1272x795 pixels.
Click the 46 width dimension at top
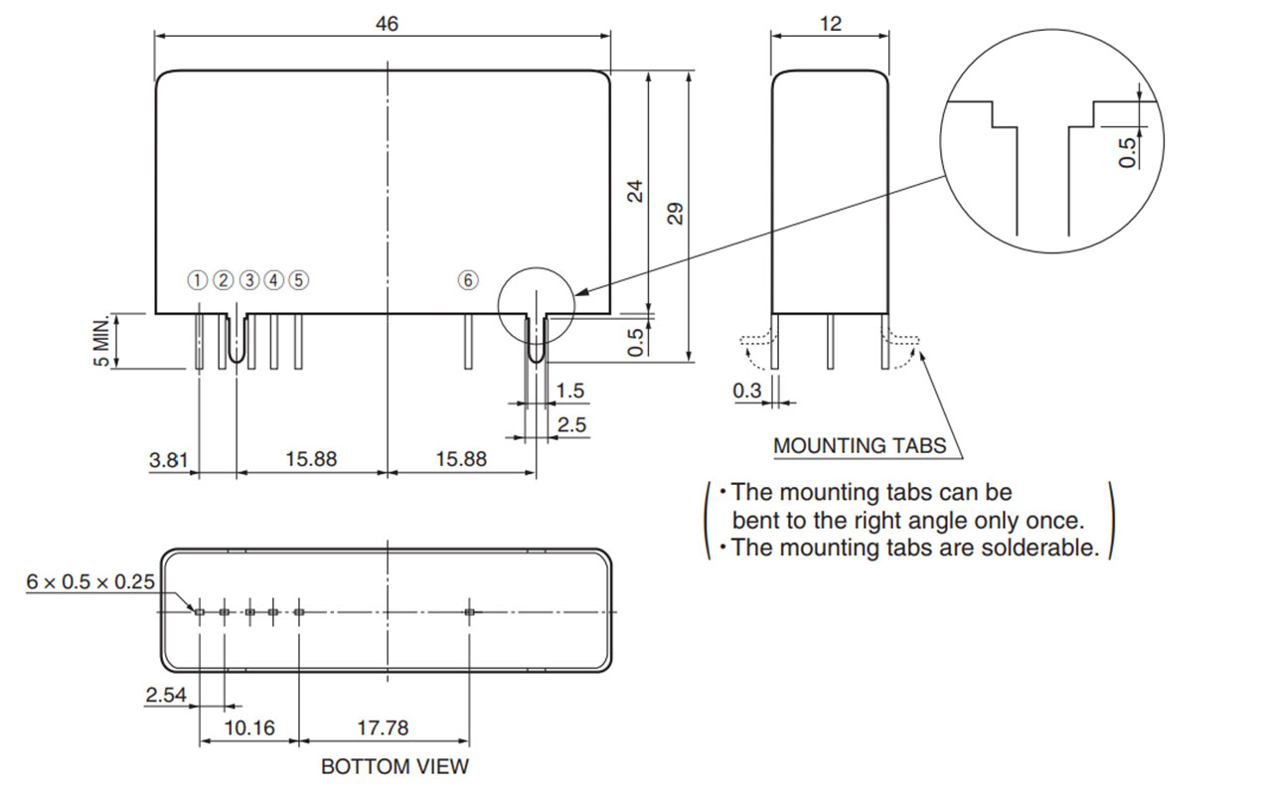pos(387,24)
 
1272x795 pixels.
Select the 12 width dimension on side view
pos(831,24)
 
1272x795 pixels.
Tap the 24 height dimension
pos(636,190)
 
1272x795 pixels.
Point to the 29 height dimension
pos(677,214)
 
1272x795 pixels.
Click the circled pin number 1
pos(199,280)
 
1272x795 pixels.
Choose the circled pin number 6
pos(467,280)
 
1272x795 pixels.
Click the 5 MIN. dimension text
pos(101,341)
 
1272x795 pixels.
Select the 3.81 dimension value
pos(168,459)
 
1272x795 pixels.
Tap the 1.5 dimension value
pos(570,392)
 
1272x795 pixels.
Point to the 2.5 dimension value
pos(570,425)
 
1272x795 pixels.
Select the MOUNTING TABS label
pos(860,445)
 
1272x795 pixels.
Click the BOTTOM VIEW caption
pos(395,767)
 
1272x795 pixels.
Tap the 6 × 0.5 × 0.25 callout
pos(90,582)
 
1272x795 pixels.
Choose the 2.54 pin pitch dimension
pos(165,696)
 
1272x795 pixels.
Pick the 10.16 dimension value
pos(248,728)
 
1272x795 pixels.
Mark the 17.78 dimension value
pos(383,728)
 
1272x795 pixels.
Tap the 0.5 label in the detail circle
pos(1127,152)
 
